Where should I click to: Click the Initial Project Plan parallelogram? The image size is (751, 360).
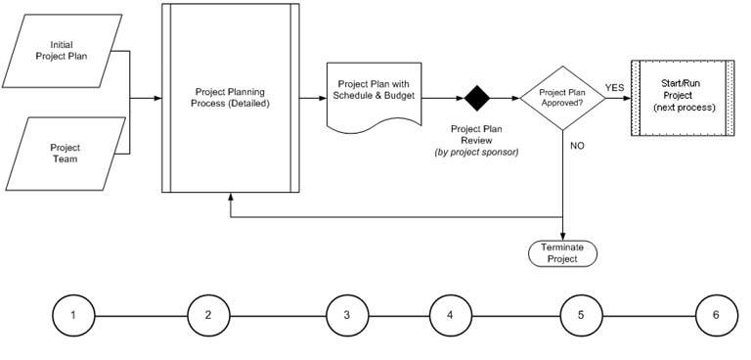pos(62,51)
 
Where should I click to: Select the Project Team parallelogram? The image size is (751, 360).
pos(66,154)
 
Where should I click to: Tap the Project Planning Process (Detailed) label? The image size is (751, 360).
pos(230,97)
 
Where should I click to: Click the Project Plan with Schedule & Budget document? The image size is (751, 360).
pos(375,97)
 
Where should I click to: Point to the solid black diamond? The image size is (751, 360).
pos(477,98)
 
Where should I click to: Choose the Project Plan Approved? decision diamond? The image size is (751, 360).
pos(563,98)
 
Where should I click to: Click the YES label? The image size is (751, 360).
pos(614,88)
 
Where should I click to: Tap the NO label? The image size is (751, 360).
pos(577,146)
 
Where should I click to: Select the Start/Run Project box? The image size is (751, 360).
pos(683,98)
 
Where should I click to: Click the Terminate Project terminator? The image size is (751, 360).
pos(563,253)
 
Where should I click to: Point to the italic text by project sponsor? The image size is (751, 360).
pos(476,153)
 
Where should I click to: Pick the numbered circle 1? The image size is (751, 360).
pos(73,315)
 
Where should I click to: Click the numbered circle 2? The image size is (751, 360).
pos(208,315)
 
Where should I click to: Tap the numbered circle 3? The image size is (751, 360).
pos(347,315)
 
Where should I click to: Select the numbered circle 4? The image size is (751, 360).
pos(450,315)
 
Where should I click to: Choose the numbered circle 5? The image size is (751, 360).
pos(581,315)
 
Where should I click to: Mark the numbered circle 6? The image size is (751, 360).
pos(717,315)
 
